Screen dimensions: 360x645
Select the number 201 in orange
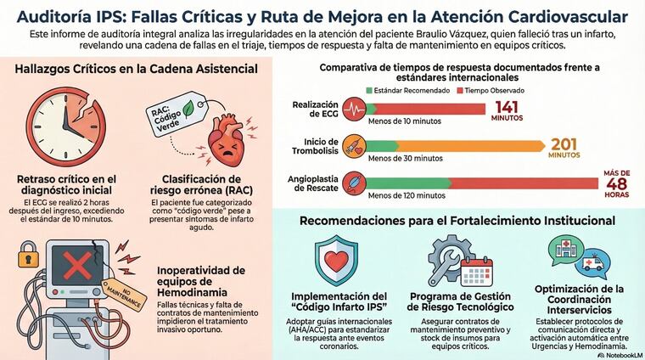coord(564,145)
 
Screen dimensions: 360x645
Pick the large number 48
coord(616,187)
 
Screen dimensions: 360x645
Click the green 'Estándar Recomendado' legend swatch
coord(368,89)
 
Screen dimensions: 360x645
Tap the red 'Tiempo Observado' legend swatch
coord(460,89)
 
